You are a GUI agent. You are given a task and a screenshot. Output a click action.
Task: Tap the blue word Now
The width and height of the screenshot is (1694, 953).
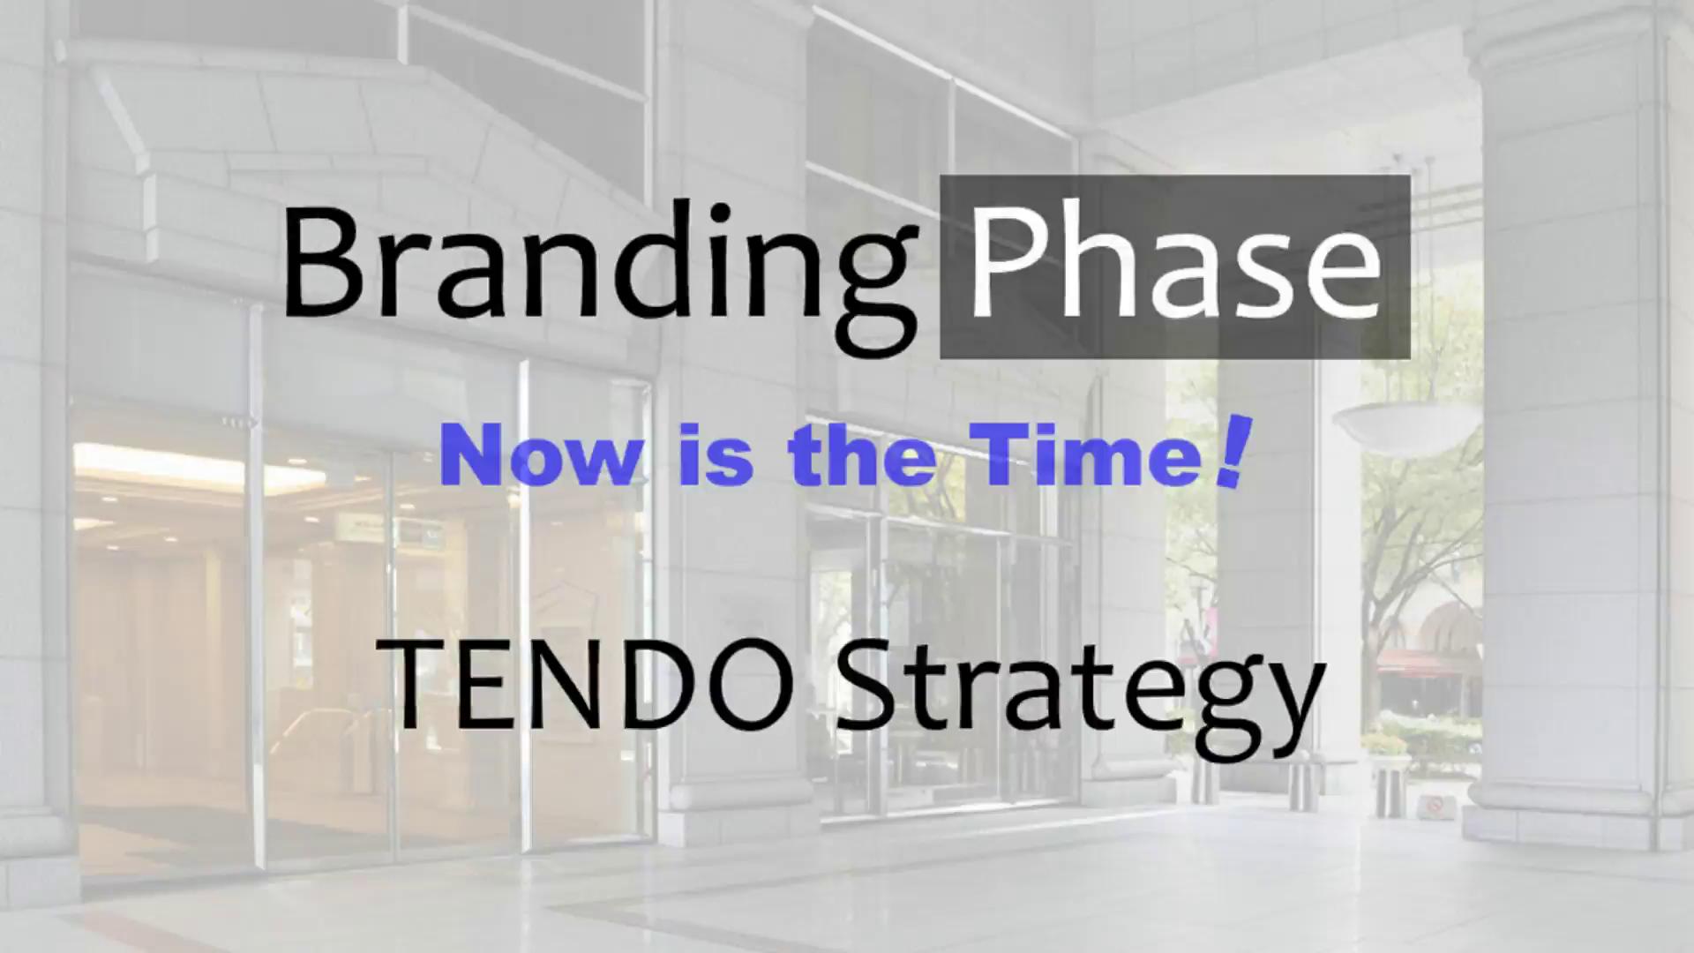pyautogui.click(x=542, y=456)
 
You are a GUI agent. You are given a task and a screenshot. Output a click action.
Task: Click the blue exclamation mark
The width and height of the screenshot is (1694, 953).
pyautogui.click(x=1232, y=453)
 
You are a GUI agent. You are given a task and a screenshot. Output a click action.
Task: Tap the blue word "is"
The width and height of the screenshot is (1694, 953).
pyautogui.click(x=716, y=456)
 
